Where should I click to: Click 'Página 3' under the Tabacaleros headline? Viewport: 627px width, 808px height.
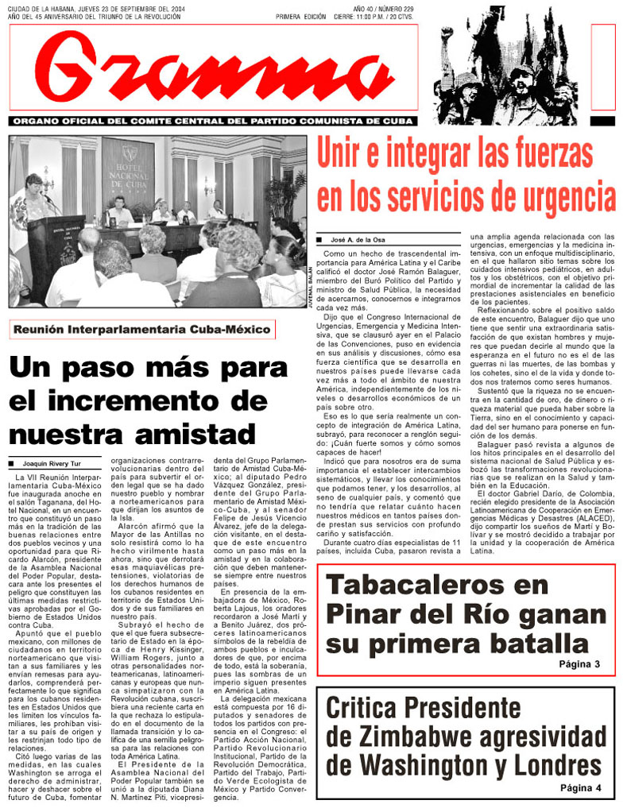point(579,663)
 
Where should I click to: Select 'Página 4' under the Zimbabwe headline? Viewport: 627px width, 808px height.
point(580,787)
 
